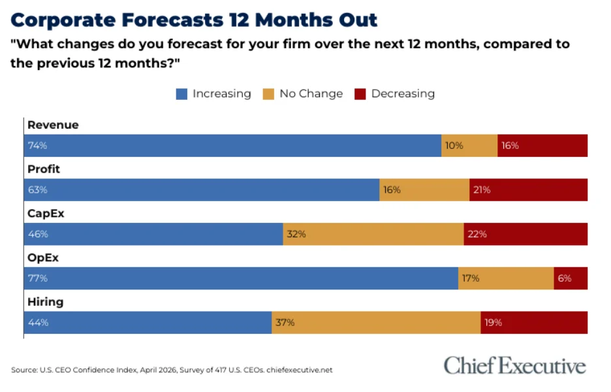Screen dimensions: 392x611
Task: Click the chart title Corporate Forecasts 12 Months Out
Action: [x=194, y=20]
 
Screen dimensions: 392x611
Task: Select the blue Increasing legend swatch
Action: [x=181, y=94]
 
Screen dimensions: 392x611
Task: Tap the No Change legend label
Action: [x=311, y=93]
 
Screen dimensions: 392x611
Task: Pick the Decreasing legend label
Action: [x=403, y=93]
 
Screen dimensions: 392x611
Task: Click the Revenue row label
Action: [x=53, y=125]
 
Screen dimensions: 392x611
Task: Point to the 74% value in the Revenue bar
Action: [x=37, y=146]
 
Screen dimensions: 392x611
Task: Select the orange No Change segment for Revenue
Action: [x=469, y=146]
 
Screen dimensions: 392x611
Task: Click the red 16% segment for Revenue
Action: [x=542, y=146]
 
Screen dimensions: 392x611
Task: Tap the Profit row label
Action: [x=44, y=169]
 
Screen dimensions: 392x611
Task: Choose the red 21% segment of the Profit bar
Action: [x=528, y=190]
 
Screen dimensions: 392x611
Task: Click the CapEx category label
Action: [x=46, y=213]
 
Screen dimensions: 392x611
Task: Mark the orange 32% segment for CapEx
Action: [x=373, y=234]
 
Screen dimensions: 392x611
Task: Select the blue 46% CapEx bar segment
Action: [x=153, y=234]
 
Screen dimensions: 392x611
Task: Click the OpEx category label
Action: [x=43, y=257]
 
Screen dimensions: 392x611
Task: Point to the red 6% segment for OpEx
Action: [x=571, y=278]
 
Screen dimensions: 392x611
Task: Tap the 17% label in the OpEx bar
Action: [x=470, y=278]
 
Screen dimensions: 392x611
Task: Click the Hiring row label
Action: [x=45, y=302]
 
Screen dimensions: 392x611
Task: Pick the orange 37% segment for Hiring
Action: [x=376, y=323]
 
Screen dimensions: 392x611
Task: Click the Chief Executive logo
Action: [x=514, y=366]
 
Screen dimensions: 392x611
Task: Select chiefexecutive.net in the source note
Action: [x=300, y=370]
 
